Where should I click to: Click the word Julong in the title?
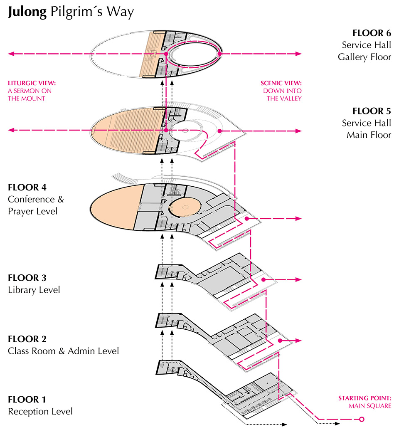point(27,12)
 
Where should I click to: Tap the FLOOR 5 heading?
point(372,111)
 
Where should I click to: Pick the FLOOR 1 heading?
point(27,400)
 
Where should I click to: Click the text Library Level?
point(34,290)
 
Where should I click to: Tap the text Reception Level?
point(40,412)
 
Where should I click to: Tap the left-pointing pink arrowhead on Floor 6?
point(11,54)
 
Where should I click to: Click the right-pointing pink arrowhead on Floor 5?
point(298,131)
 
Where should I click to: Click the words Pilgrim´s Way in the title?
point(92,12)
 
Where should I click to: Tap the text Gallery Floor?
point(365,57)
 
